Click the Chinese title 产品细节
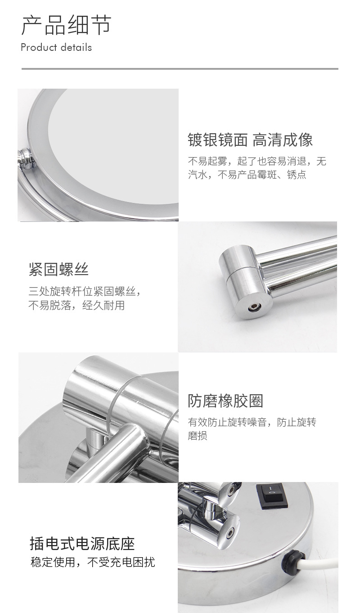66,25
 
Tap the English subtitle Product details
56,47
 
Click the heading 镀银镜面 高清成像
250,140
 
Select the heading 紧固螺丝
58,269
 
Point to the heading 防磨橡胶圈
225,401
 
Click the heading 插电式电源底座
82,543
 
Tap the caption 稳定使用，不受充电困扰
92,562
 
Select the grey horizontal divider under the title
180,69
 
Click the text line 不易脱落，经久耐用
76,306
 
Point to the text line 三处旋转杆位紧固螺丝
84,291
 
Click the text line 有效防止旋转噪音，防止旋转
252,422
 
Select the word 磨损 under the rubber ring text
197,436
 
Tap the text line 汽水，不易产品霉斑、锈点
247,175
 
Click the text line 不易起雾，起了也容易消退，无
256,161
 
